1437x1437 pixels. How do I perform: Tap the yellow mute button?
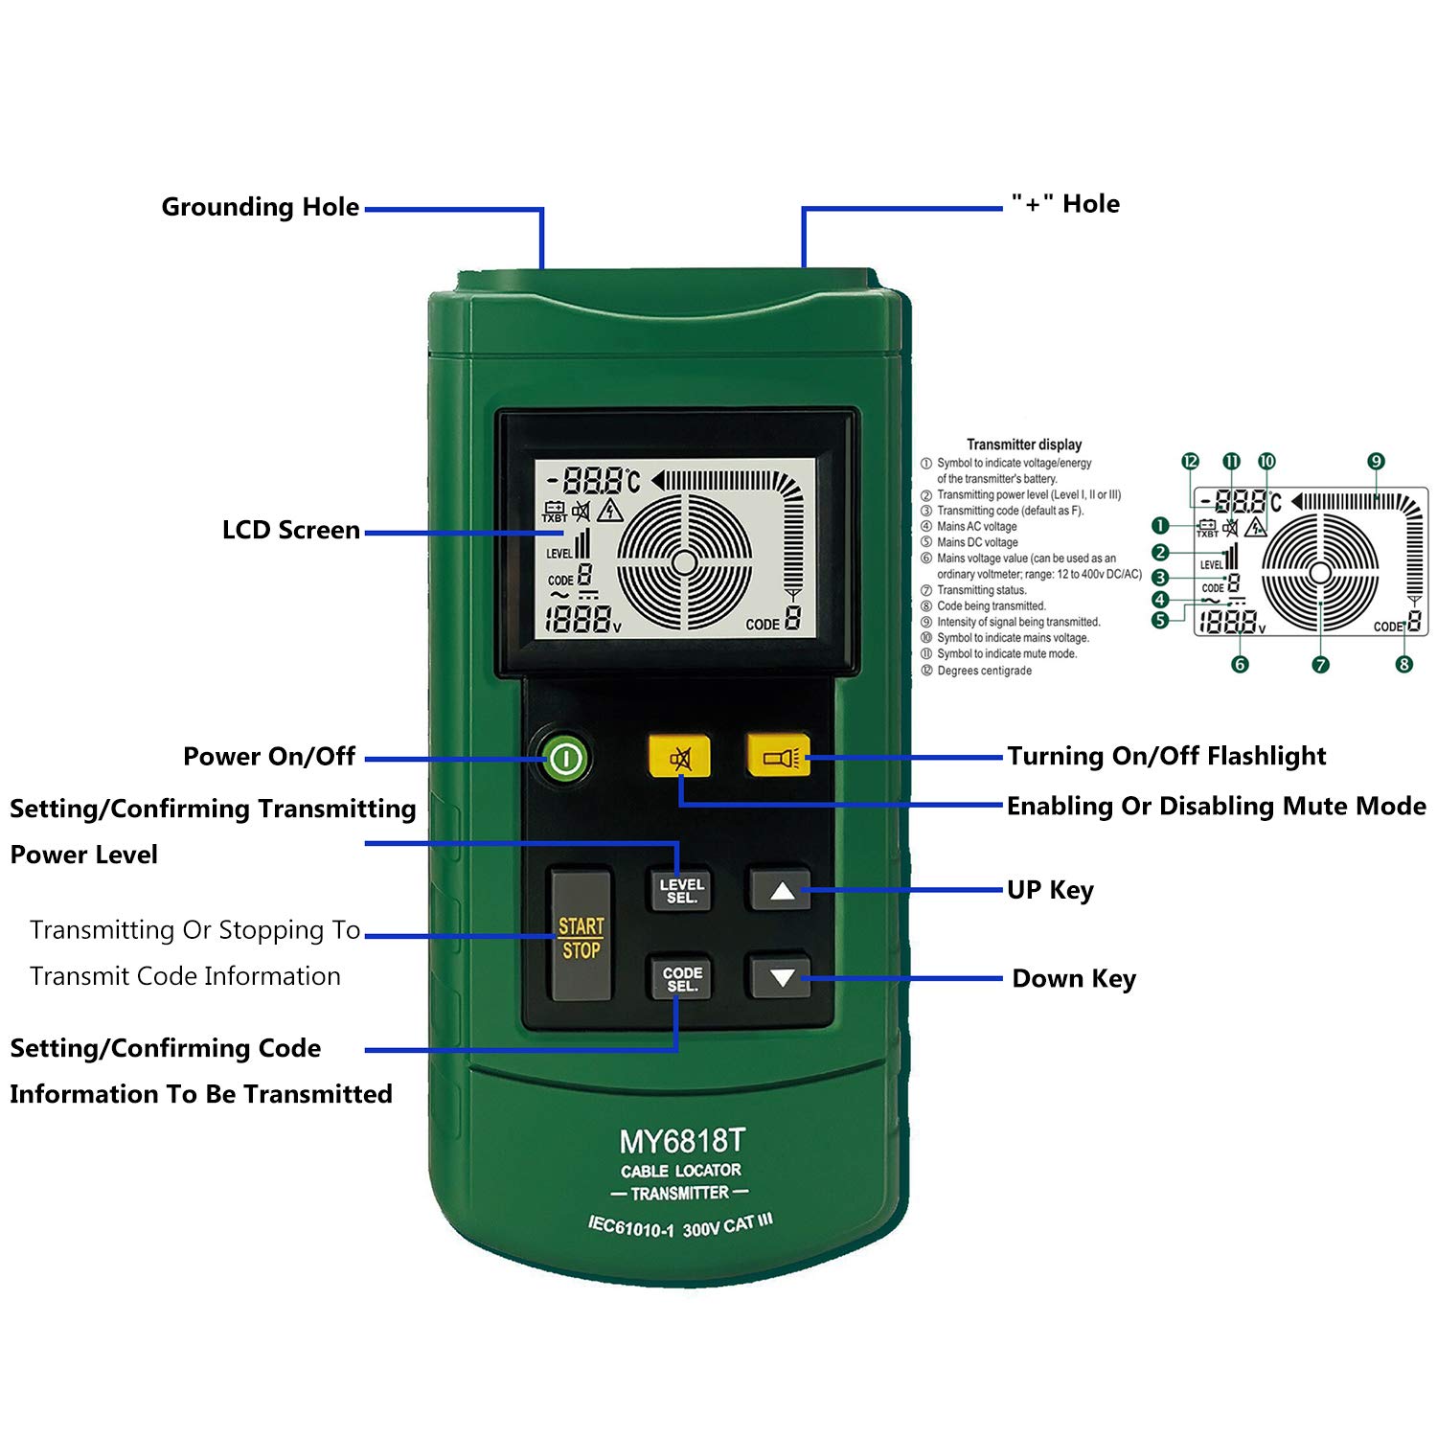(x=679, y=757)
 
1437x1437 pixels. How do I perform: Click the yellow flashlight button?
(x=778, y=757)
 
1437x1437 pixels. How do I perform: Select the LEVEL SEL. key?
(x=681, y=891)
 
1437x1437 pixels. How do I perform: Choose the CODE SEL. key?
(x=681, y=979)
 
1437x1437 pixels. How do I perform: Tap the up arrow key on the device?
(x=782, y=891)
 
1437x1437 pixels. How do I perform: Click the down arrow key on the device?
(x=782, y=978)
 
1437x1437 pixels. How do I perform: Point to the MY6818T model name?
(x=681, y=1141)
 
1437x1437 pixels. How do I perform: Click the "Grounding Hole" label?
(x=260, y=207)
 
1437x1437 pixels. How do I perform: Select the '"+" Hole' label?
(x=1065, y=204)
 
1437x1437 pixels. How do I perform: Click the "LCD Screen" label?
(x=290, y=530)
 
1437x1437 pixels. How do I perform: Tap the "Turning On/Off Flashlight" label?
(x=1166, y=756)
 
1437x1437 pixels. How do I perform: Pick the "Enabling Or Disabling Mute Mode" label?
(x=1216, y=806)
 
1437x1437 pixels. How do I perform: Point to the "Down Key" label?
(x=1074, y=978)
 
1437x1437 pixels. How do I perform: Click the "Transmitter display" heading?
(x=1023, y=445)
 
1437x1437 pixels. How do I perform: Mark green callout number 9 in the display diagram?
(x=1376, y=462)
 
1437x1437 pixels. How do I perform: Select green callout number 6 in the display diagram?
(x=1240, y=664)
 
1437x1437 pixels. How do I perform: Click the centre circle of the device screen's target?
(x=684, y=562)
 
